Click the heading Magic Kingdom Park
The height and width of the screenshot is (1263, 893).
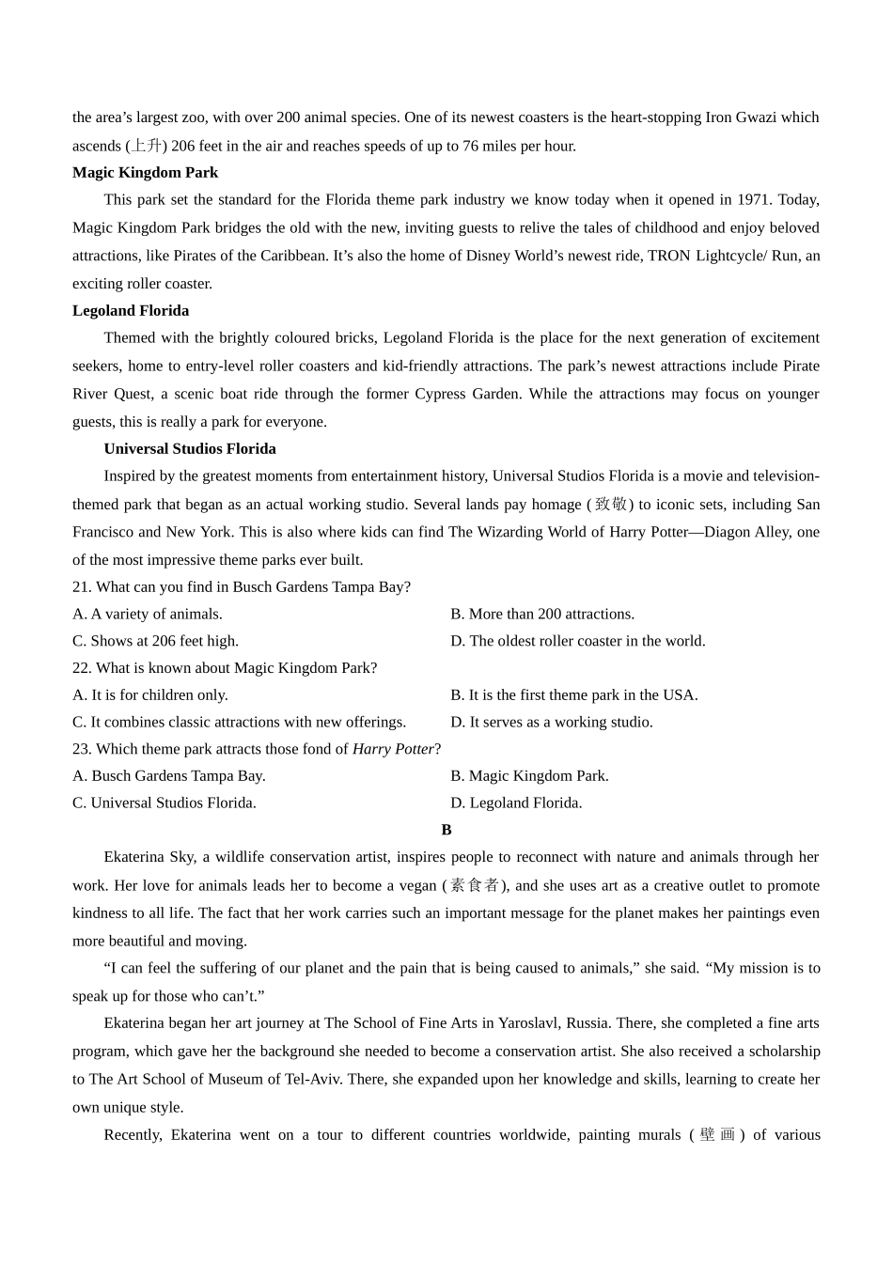[145, 173]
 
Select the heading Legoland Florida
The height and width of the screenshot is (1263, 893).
[131, 311]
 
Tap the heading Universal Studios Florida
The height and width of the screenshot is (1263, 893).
[190, 449]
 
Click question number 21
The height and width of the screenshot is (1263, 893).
[81, 587]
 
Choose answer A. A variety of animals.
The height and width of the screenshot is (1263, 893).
[148, 615]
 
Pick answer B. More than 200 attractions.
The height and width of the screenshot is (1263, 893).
[542, 615]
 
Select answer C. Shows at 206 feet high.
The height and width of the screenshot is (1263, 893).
[155, 641]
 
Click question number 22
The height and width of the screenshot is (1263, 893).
[81, 668]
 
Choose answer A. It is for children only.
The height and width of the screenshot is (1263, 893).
[150, 695]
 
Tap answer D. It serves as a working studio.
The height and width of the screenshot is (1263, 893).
[552, 723]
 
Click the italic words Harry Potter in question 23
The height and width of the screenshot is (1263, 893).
[393, 749]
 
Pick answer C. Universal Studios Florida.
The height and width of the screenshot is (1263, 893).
[164, 803]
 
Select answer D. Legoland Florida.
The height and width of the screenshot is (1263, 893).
[516, 803]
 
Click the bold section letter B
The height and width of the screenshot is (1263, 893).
[446, 830]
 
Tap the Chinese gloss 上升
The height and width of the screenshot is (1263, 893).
[147, 146]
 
